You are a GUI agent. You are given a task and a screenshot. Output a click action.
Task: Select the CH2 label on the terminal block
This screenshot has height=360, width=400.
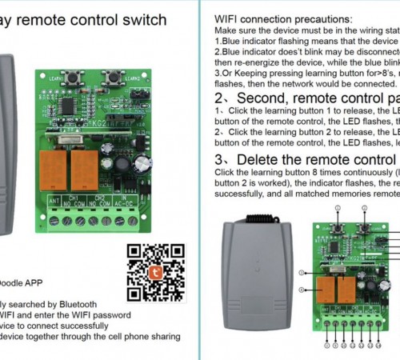[100, 196]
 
